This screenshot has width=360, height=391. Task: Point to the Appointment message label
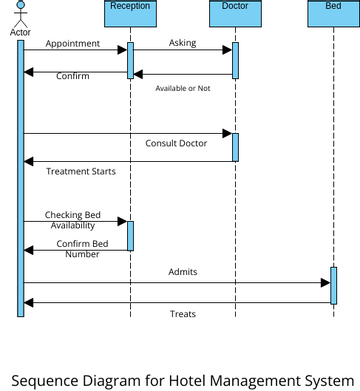pyautogui.click(x=72, y=44)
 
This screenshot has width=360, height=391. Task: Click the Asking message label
pyautogui.click(x=182, y=44)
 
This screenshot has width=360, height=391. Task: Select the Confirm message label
pyautogui.click(x=72, y=76)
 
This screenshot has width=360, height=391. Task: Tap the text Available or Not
pyautogui.click(x=182, y=89)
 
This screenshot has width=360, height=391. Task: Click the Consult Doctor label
pyautogui.click(x=176, y=143)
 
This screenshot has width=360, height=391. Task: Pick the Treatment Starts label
pyautogui.click(x=80, y=172)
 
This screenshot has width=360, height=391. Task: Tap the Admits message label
pyautogui.click(x=182, y=272)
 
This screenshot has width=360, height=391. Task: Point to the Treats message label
pyautogui.click(x=182, y=314)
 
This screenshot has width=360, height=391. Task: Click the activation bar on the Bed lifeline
pyautogui.click(x=333, y=285)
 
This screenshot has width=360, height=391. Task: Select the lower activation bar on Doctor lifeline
pyautogui.click(x=236, y=146)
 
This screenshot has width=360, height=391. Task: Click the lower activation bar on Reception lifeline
pyautogui.click(x=130, y=235)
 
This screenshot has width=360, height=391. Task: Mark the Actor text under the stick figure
pyautogui.click(x=20, y=32)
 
